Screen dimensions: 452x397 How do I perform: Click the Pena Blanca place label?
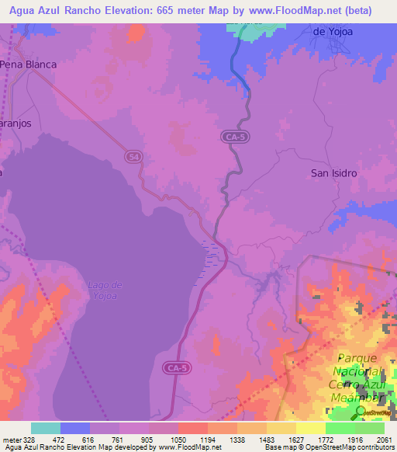tap(29, 64)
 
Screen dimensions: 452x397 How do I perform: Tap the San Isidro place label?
tap(334, 173)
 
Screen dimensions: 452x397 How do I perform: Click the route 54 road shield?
tap(133, 157)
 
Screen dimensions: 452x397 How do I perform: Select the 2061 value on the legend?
tap(384, 440)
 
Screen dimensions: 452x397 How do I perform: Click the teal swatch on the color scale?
tap(46, 428)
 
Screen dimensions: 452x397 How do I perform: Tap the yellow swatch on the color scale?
tap(310, 428)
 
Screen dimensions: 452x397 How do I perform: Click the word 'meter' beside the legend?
tap(12, 440)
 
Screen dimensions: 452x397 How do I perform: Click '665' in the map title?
tap(159, 11)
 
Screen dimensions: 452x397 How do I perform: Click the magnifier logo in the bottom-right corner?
tap(361, 412)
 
